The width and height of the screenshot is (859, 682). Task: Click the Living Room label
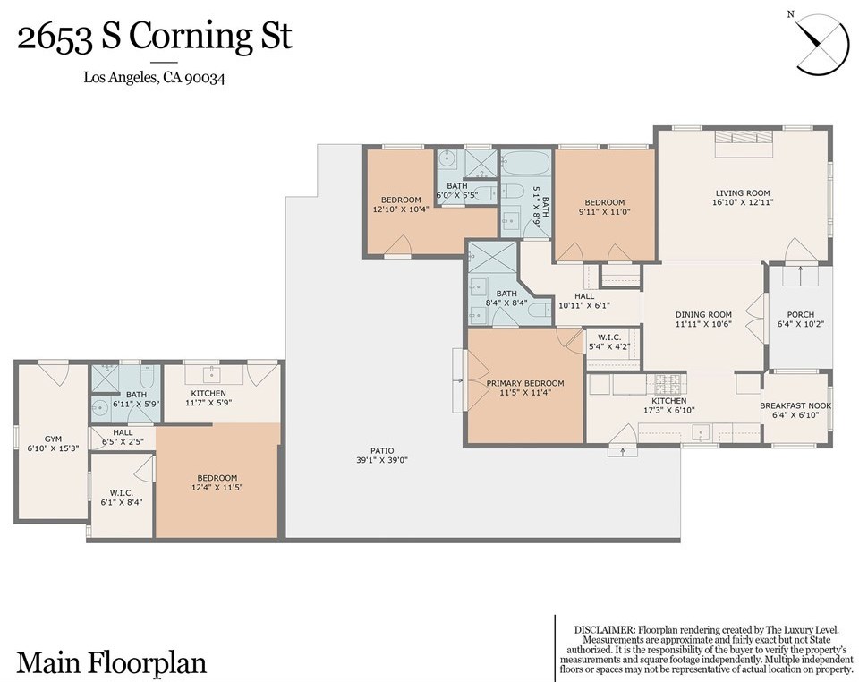(x=743, y=192)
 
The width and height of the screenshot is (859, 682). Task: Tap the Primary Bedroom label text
(x=525, y=383)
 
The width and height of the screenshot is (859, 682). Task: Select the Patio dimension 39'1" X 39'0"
(x=382, y=460)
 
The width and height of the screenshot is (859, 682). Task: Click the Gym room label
(x=53, y=439)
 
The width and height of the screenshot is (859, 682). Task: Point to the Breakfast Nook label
(x=795, y=406)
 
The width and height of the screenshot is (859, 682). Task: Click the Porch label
(x=800, y=314)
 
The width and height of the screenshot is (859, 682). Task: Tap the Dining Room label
(x=703, y=314)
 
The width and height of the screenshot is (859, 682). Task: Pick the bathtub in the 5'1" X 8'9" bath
(x=525, y=162)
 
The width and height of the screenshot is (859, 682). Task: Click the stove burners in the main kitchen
(x=668, y=381)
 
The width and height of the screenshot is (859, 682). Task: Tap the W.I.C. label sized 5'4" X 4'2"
(x=609, y=337)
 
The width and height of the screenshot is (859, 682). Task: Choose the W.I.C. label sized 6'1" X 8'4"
(x=122, y=492)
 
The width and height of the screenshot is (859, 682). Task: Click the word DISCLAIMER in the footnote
(x=604, y=630)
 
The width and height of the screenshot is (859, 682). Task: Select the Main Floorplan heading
(x=112, y=663)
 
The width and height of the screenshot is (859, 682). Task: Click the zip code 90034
(x=204, y=78)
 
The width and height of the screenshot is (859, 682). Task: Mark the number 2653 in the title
(x=54, y=38)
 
